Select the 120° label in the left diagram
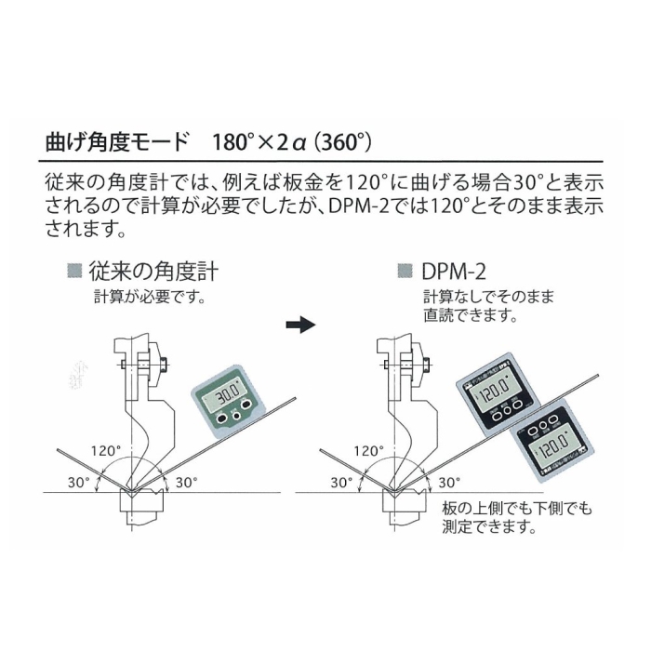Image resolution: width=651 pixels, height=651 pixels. [105, 451]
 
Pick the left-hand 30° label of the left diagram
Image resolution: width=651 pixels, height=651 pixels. [77, 482]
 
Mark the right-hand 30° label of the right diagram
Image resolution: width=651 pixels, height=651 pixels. [449, 482]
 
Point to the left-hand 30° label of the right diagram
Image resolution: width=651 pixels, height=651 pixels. [339, 482]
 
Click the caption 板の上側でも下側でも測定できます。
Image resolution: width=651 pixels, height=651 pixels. [516, 520]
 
